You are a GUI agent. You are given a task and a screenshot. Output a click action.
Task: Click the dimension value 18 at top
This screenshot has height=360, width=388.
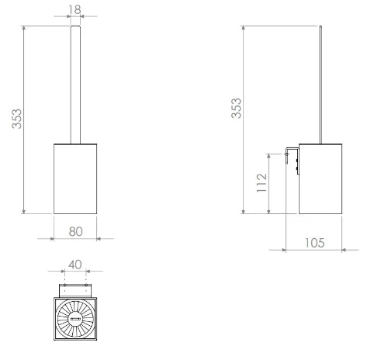tap(74, 9)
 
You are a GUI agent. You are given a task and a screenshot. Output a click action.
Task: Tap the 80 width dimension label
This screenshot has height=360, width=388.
tap(76, 231)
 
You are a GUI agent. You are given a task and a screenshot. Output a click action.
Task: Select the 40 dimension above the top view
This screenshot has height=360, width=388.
tap(75, 265)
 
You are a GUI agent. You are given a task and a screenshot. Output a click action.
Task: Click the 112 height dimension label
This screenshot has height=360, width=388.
tap(262, 183)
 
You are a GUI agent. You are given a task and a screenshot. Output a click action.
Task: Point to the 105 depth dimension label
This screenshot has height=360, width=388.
tap(314, 243)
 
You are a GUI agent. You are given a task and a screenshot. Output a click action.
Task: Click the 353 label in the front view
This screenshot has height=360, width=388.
tap(17, 119)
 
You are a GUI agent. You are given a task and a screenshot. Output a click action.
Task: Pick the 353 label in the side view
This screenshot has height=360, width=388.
tap(236, 108)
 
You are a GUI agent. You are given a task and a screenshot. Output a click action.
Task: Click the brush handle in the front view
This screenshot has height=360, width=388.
tap(75, 85)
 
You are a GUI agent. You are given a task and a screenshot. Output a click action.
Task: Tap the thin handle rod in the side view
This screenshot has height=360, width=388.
tap(320, 85)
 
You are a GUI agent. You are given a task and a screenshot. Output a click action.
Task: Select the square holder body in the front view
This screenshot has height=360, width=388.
tap(75, 178)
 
